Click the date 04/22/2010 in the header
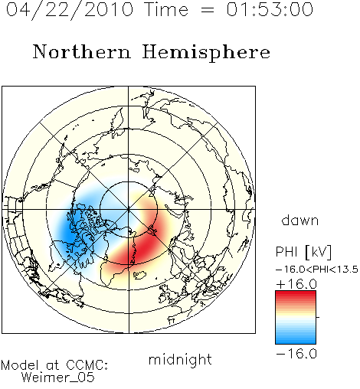pos(70,10)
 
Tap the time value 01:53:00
pos(270,9)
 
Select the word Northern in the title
pos(82,52)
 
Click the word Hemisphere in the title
pos(206,53)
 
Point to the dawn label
pos(300,221)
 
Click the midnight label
pos(180,359)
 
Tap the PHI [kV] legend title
pos(303,252)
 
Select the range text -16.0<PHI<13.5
pos(317,270)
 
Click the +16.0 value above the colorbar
pos(296,284)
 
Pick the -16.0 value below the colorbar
pos(296,354)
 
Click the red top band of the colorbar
pos(296,294)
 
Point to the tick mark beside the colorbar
pos(318,317)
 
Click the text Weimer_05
pos(58,377)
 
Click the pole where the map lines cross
pos(129,210)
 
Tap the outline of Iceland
pos(139,275)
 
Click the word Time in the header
pos(166,9)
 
